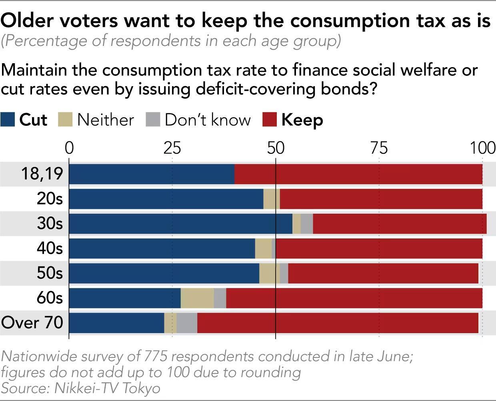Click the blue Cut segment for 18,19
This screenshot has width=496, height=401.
152,174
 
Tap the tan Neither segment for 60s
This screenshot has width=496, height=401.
197,298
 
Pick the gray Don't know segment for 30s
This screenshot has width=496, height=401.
307,224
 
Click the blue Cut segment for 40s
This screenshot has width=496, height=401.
162,248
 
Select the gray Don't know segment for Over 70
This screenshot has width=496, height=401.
187,323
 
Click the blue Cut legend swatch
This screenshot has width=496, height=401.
8,119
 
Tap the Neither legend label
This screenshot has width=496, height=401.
106,120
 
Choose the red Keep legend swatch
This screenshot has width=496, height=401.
269,119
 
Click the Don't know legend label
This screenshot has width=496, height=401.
208,120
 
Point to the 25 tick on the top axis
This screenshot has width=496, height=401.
172,148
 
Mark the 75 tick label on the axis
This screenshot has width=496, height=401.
379,148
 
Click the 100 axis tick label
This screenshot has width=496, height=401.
482,148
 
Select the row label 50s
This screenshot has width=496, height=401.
50,273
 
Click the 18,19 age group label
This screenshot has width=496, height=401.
42,174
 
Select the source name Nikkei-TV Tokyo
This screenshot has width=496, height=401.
107,388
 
